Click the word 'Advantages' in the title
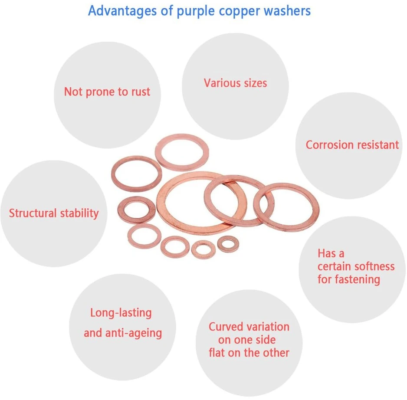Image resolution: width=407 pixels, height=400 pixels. coord(122,11)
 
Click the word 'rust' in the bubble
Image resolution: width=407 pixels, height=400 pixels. coord(141,92)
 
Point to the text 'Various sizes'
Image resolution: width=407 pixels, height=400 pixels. coord(236,83)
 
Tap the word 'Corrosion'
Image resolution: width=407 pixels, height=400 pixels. coord(328,145)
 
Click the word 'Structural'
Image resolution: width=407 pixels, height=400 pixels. coord(33,213)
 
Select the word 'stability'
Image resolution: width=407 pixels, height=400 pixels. coord(79,213)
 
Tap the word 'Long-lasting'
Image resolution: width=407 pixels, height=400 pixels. coord(121,313)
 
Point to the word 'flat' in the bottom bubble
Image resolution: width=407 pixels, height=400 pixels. coord(217,353)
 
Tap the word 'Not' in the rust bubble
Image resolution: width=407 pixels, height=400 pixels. coord(73,92)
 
